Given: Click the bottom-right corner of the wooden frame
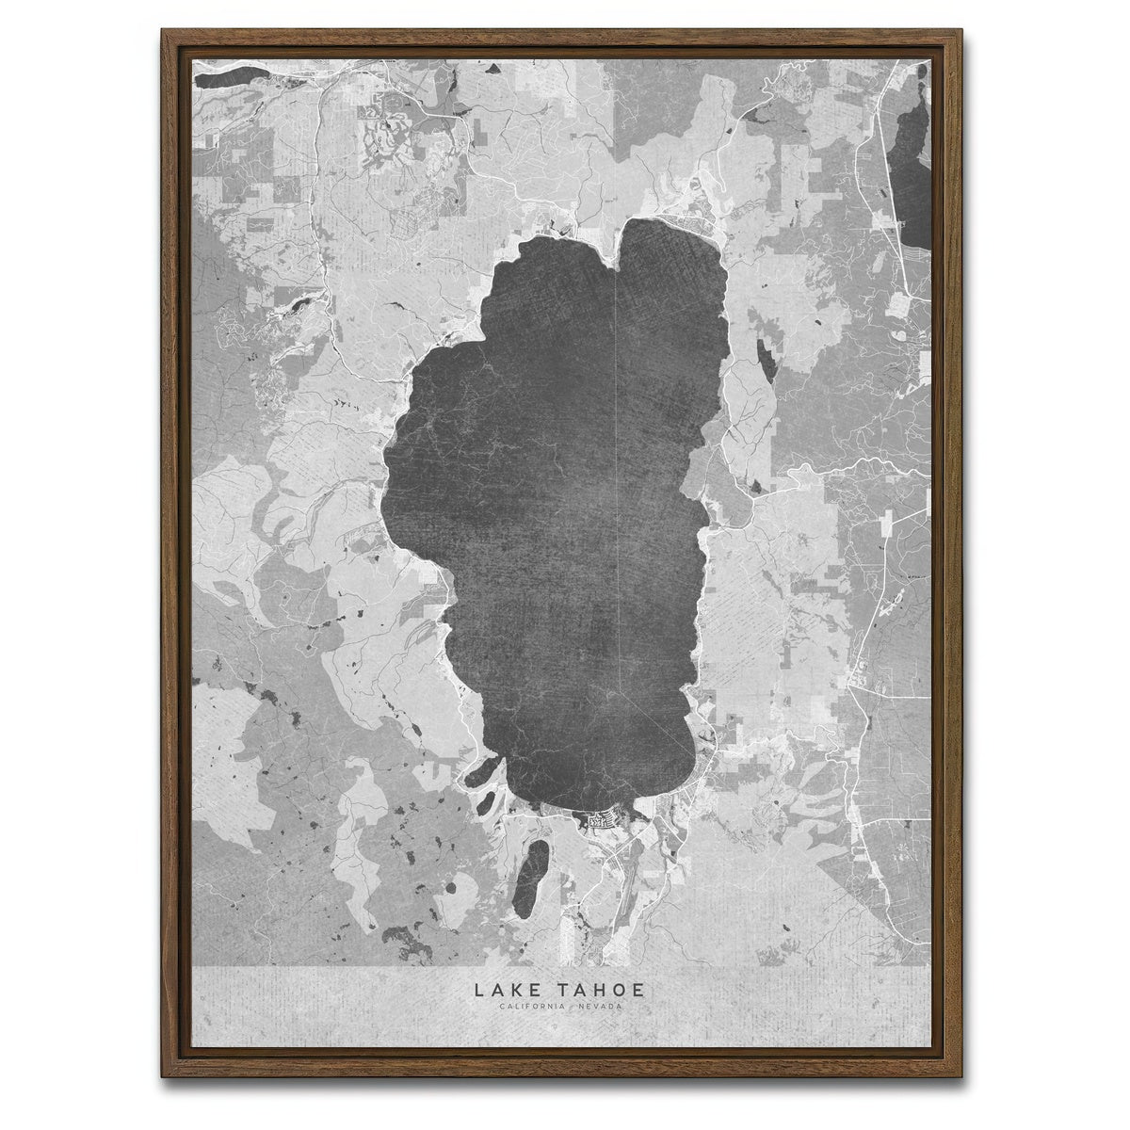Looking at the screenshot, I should coord(966,1098).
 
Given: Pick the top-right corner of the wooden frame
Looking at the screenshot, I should coord(966,32).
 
